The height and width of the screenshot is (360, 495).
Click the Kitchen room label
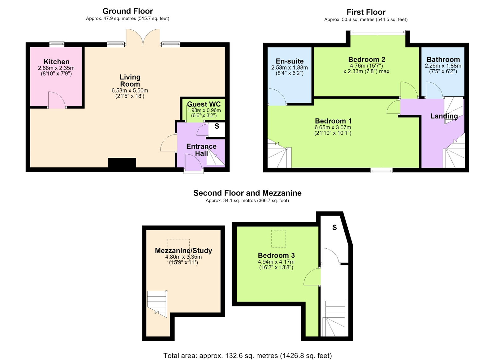tap(57, 62)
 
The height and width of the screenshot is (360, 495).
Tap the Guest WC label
tap(204, 104)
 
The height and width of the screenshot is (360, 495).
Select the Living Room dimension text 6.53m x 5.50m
tap(130, 91)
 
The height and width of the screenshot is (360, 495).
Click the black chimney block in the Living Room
tap(122, 163)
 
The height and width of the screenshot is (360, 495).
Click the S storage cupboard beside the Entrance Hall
tap(217, 129)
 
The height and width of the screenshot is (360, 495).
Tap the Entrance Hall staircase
tap(215, 157)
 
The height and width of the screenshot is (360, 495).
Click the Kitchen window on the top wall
tap(57, 44)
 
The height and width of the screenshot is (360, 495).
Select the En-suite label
tap(290, 61)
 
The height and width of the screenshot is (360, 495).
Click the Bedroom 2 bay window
tap(378, 32)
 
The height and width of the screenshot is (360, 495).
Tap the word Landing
tap(444, 116)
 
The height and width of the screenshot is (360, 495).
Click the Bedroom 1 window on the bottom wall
tap(381, 170)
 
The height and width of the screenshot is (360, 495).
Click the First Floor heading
tap(366, 12)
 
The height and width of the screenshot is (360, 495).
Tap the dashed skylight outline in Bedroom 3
tap(278, 239)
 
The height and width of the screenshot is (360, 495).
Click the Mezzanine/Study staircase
tap(157, 304)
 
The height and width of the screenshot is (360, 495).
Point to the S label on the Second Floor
tap(334, 228)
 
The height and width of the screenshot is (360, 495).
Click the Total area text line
tap(247, 349)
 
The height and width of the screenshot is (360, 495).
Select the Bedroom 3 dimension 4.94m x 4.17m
tap(276, 262)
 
